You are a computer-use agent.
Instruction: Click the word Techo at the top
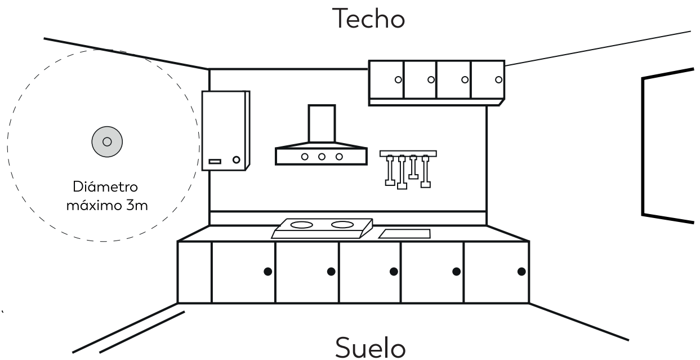pos(368,19)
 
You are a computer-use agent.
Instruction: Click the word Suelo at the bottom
pos(371,348)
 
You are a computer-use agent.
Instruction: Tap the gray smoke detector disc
pos(107,142)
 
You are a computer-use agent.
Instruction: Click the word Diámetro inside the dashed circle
pos(105,186)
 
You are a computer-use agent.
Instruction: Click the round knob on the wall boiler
pos(237,159)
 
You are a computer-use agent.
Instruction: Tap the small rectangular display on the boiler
pos(215,162)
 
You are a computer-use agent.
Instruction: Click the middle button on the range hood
pos(322,157)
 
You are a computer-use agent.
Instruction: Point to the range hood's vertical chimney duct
pos(322,124)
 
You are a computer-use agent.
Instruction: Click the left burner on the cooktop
pos(301,225)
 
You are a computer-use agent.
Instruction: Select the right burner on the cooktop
pos(342,225)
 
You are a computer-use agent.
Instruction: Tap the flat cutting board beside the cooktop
pos(405,234)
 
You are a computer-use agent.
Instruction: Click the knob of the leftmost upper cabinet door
pos(398,79)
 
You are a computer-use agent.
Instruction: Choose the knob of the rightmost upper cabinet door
pos(499,79)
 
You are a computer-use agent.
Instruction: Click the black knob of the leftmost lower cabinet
pos(268,272)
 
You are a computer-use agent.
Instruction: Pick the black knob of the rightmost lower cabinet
pos(521,272)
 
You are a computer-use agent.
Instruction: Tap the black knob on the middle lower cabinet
pos(394,272)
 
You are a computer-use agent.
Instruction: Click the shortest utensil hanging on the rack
pos(413,167)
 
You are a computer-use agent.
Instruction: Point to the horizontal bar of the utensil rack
pos(408,153)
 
